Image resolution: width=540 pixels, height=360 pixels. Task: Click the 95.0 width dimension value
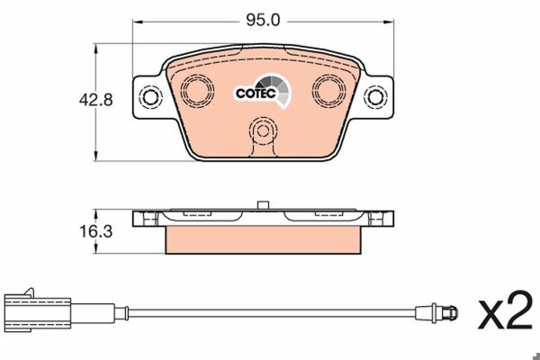[263, 21]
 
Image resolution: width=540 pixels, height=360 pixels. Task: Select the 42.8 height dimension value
[95, 100]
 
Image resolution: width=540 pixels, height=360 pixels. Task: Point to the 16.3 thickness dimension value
[95, 231]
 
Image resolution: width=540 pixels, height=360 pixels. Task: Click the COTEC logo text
[256, 94]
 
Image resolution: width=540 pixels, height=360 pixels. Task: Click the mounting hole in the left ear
[150, 97]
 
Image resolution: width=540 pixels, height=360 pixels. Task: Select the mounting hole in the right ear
[375, 97]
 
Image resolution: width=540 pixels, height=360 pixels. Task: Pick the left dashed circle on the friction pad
[197, 90]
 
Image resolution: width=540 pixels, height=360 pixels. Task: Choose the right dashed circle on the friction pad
[328, 90]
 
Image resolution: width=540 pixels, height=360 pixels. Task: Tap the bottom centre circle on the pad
[263, 130]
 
